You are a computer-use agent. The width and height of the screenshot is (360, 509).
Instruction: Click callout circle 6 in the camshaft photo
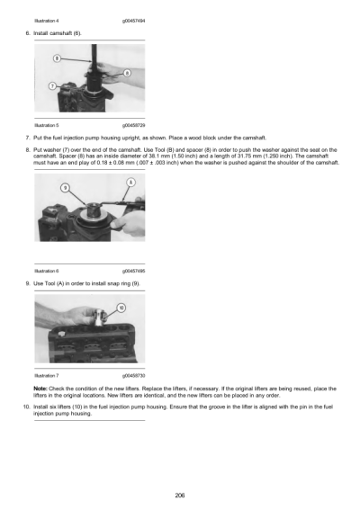coord(126,73)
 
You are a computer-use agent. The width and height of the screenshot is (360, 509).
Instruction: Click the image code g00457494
coord(132,17)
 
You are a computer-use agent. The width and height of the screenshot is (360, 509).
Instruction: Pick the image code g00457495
coord(132,269)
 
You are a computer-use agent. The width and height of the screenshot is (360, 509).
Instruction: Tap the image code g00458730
coord(132,374)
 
